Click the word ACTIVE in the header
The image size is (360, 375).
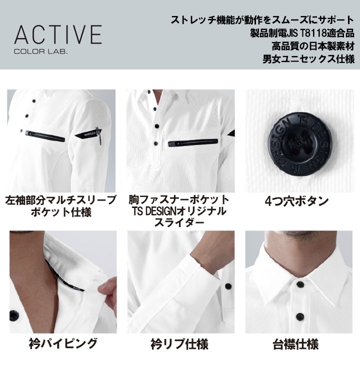(58, 34)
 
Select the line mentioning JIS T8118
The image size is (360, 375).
(302, 33)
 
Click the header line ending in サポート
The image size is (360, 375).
(262, 20)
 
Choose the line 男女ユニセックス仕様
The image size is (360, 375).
(309, 59)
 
